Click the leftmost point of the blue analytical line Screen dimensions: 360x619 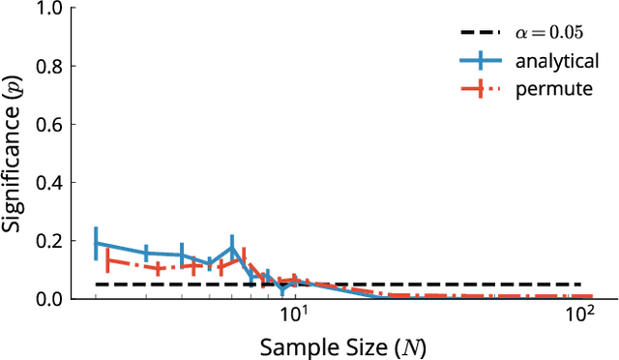[96, 243]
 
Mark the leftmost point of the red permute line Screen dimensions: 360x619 [107, 260]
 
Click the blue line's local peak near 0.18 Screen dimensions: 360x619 [232, 247]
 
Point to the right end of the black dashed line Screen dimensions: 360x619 [592, 285]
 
